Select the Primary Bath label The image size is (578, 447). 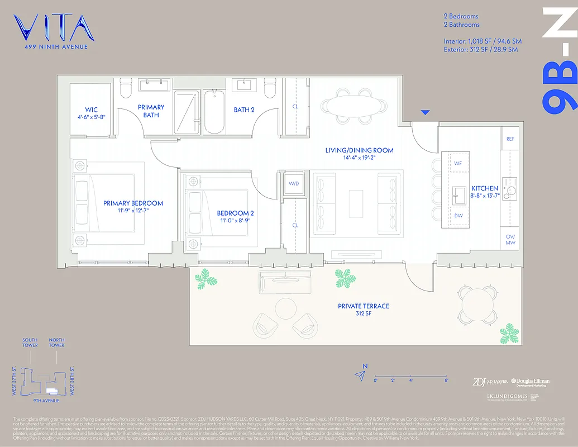(x=151, y=107)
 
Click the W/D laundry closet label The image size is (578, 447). (x=294, y=183)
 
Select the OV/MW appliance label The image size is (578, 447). (x=509, y=239)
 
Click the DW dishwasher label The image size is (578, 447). (x=458, y=215)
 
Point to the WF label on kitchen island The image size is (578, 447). (x=458, y=163)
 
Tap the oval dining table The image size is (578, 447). (x=355, y=104)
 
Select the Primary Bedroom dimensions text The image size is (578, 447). (x=133, y=211)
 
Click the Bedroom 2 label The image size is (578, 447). (x=235, y=213)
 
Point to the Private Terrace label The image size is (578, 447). (x=363, y=306)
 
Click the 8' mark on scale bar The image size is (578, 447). (x=446, y=380)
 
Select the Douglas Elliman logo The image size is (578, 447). (x=530, y=382)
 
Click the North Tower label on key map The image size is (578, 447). (x=56, y=343)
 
